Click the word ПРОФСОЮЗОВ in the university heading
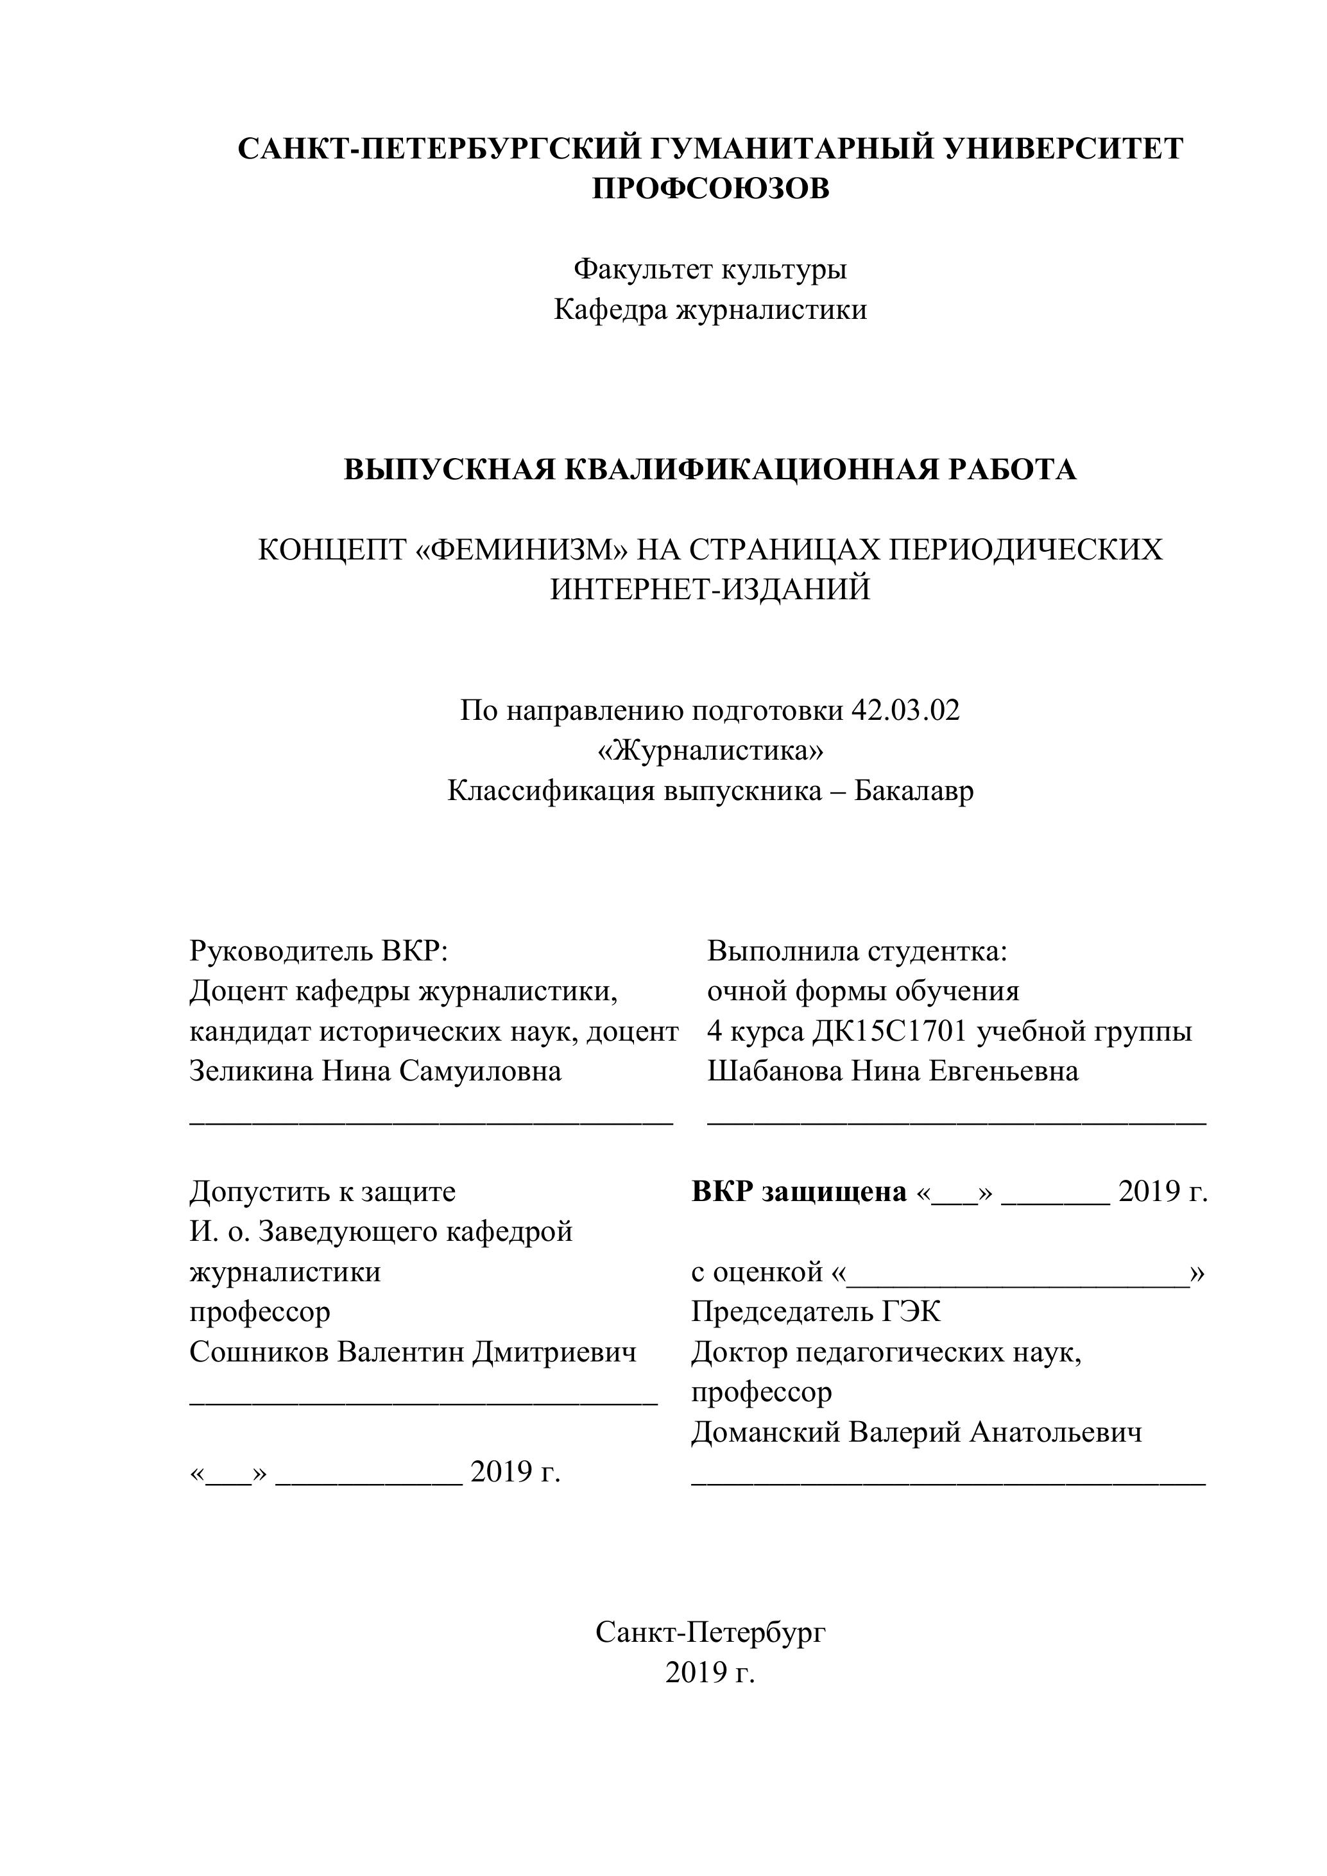[710, 189]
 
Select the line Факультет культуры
[710, 269]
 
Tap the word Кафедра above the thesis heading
[610, 310]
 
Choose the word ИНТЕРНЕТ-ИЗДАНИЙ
[710, 589]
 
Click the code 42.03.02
[905, 710]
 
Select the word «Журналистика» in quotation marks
[710, 750]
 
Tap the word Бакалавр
[914, 791]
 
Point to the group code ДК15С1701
[890, 1031]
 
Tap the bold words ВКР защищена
[799, 1192]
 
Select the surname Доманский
[765, 1432]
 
